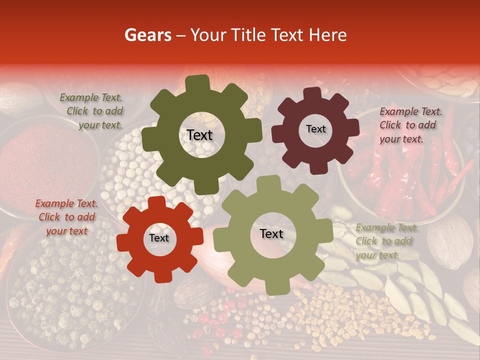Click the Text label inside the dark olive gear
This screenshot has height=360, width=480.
[x=199, y=135]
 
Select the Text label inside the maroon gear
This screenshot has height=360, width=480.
[x=315, y=129]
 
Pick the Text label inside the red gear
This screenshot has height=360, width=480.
[x=159, y=238]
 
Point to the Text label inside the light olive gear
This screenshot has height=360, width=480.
[x=271, y=233]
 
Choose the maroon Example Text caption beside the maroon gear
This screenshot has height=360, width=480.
[x=410, y=125]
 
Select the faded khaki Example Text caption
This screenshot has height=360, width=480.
[x=387, y=241]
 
